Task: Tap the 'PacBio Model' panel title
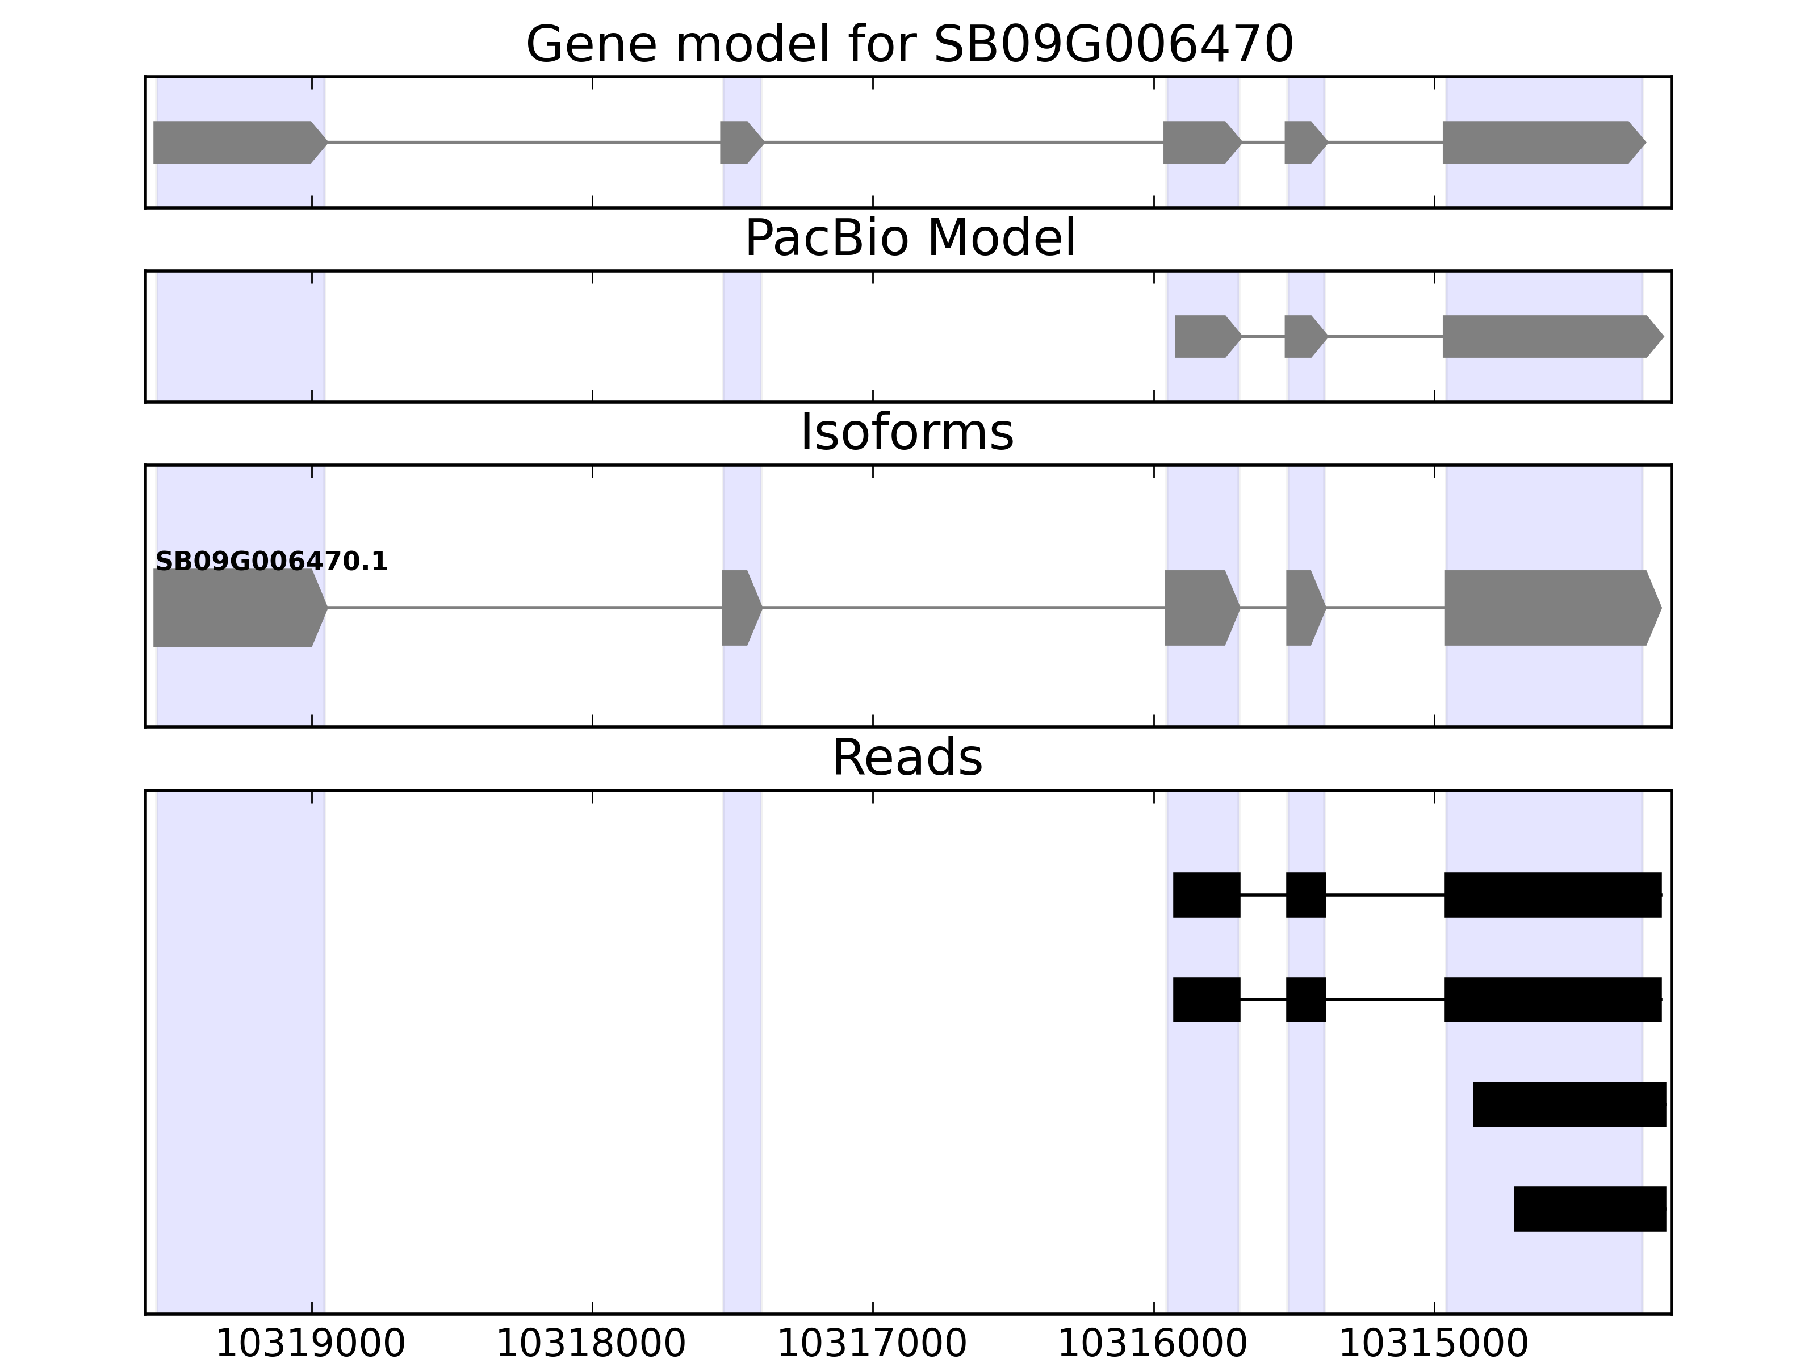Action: pos(909,239)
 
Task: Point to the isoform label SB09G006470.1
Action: pos(271,562)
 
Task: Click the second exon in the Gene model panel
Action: pos(740,142)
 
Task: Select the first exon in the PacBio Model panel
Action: pos(1204,336)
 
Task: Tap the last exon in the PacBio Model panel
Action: pos(1548,336)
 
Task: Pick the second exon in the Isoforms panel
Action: pos(739,608)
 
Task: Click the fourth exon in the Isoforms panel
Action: pos(1304,608)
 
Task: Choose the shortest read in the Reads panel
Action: pos(1589,1209)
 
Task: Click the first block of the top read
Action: pos(1206,894)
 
